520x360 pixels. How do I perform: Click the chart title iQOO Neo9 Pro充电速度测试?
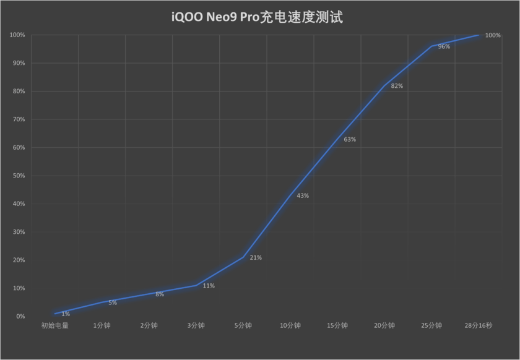point(256,17)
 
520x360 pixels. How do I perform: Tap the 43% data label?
point(303,196)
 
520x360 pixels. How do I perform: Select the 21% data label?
point(256,258)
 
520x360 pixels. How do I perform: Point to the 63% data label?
point(350,140)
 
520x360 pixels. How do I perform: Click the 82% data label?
point(397,87)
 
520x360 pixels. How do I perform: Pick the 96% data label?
point(444,47)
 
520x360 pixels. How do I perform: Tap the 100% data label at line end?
point(493,35)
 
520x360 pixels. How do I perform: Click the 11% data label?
point(209,286)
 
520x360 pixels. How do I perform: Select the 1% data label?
point(66,314)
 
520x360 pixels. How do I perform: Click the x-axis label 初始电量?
point(54,325)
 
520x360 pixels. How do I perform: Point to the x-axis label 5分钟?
point(243,325)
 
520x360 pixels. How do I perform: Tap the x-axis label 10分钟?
point(290,325)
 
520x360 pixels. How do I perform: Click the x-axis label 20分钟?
point(384,325)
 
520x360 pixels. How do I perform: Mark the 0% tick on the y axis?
point(19,317)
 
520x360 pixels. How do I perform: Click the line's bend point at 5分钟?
point(243,257)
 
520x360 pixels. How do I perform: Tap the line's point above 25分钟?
point(431,46)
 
